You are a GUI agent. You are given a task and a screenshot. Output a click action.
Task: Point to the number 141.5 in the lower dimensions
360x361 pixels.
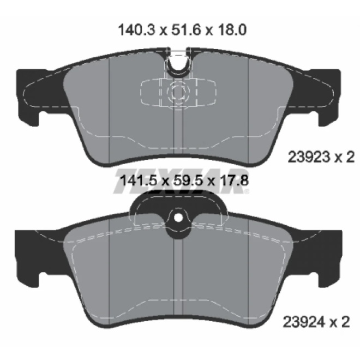[139, 180]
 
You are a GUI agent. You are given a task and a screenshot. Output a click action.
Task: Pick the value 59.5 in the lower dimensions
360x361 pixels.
[185, 180]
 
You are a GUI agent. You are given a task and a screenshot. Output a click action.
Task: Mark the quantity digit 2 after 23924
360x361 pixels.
[345, 322]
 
